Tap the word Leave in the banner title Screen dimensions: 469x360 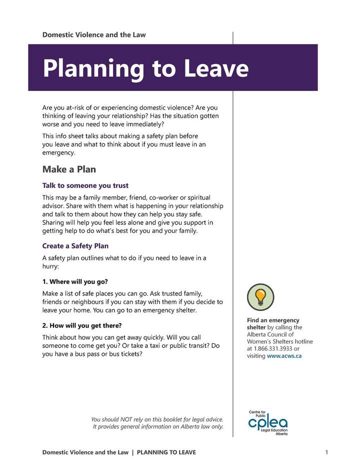[x=216, y=68]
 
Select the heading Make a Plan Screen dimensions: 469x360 [x=69, y=169]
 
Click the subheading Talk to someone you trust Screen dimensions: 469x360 [x=85, y=185]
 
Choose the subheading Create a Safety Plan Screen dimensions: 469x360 [x=75, y=246]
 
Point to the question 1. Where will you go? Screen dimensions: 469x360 [x=75, y=281]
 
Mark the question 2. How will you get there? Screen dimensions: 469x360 [x=82, y=325]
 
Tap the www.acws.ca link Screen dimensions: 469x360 [x=284, y=356]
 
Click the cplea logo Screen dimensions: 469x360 [x=268, y=422]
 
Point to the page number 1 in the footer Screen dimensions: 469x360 [x=326, y=452]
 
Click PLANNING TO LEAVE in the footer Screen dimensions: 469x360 [x=166, y=452]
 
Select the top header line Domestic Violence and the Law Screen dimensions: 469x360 [x=94, y=35]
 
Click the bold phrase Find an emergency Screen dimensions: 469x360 [x=273, y=320]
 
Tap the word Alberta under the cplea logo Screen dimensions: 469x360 [x=281, y=434]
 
